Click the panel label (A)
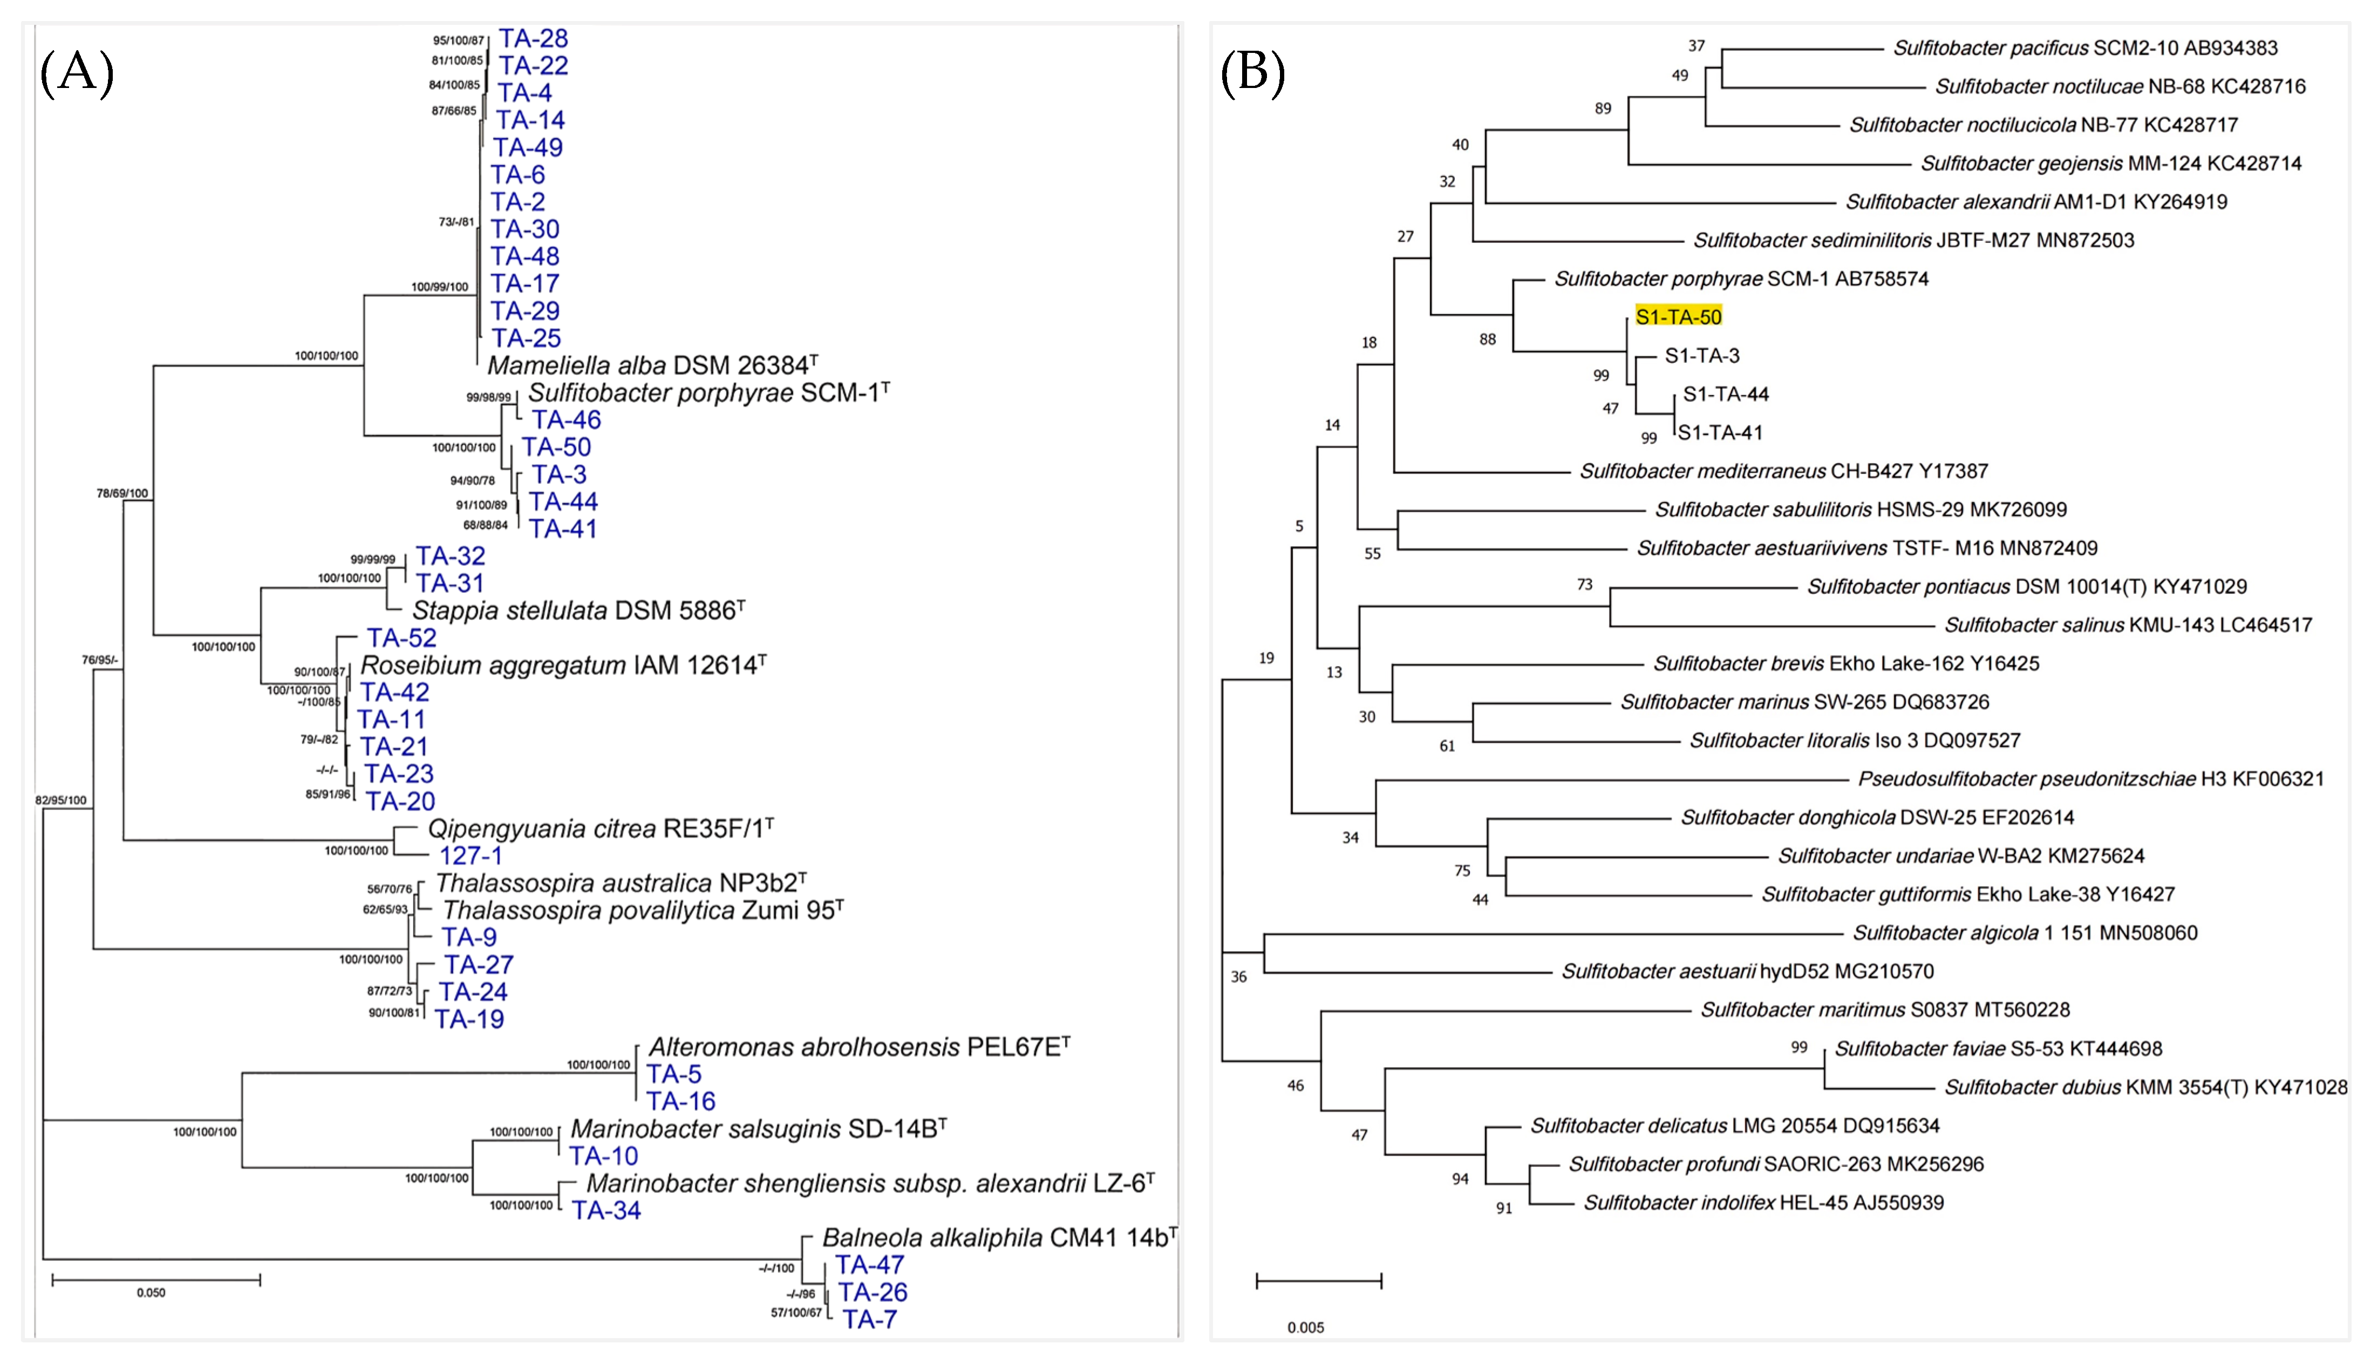77,73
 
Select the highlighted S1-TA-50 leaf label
1678,317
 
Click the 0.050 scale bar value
151,1293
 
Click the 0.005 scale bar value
1305,1327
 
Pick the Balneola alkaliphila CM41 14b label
998,1238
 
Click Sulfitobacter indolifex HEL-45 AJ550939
1763,1202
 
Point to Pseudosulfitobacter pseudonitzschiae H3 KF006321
2090,778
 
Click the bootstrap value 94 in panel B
1460,1178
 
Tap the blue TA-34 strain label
606,1210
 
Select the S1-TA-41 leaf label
1720,433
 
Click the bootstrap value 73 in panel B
1584,585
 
